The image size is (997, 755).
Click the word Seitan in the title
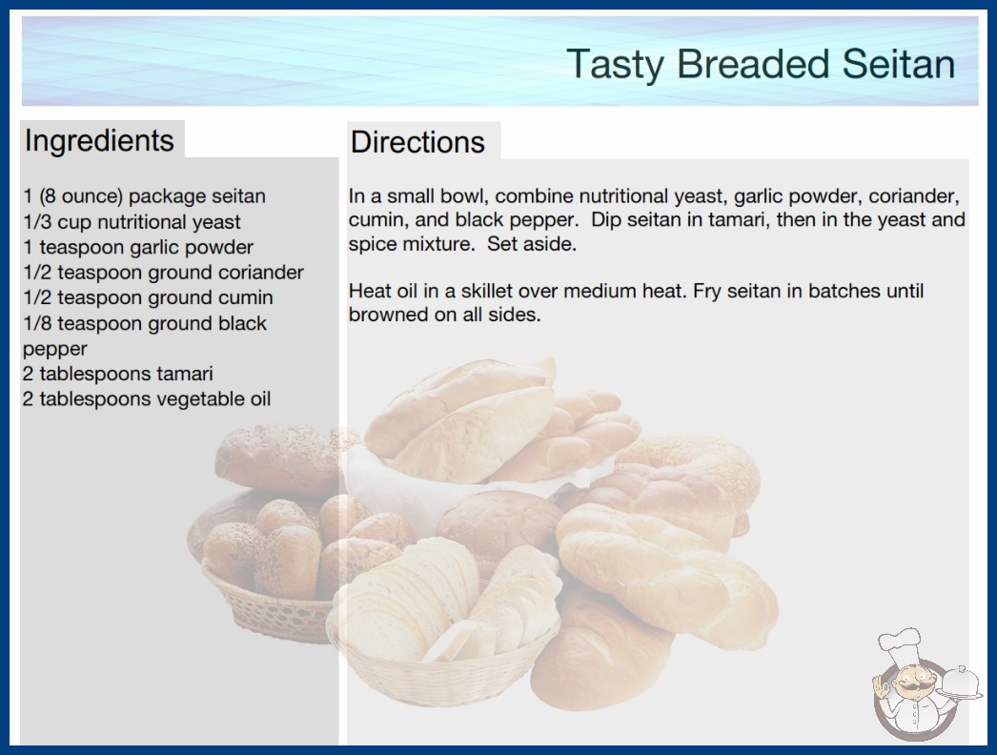tap(899, 64)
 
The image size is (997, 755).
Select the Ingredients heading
tap(99, 141)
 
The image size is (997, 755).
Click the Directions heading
tap(417, 142)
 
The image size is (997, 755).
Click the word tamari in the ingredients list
tap(184, 374)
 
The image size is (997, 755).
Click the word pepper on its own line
tap(54, 349)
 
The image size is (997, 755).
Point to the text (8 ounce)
tap(81, 196)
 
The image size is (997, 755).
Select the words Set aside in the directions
tap(532, 244)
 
